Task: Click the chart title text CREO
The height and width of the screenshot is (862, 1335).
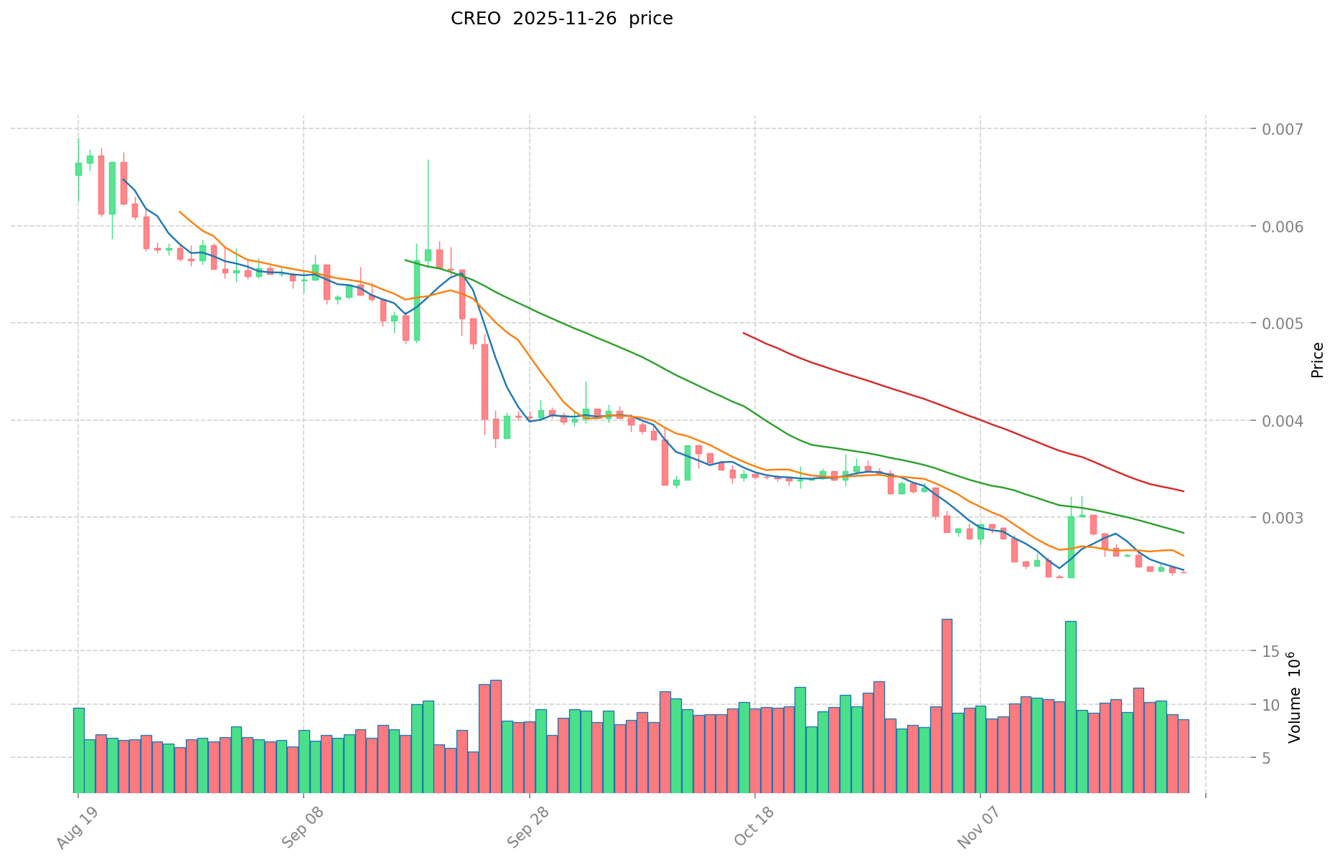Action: (x=475, y=19)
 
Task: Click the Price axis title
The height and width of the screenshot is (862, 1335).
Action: (x=1316, y=359)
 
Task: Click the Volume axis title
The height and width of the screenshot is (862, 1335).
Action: (x=1295, y=697)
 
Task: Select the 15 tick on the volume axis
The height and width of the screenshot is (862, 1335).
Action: (x=1271, y=651)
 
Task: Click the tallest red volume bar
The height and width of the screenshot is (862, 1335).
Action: (x=947, y=705)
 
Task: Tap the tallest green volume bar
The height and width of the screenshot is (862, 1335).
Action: (x=1070, y=706)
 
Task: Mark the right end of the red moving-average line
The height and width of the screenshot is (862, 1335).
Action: (x=1183, y=491)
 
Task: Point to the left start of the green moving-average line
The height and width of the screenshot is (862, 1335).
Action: (x=406, y=260)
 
